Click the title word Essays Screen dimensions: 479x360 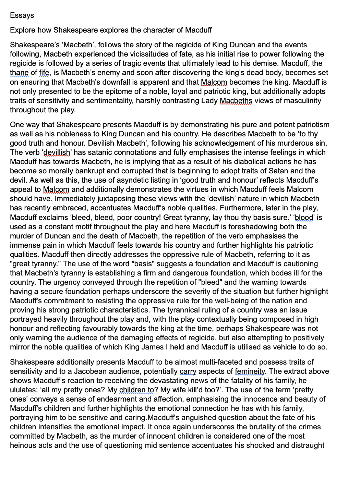coord(22,15)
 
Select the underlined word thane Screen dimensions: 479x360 coord(19,73)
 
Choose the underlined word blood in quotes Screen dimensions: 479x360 coord(304,218)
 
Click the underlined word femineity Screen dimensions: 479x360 coord(250,371)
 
